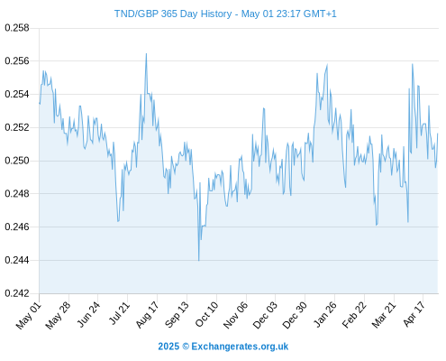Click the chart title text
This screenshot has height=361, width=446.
[x=225, y=14]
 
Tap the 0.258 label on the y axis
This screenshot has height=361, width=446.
[x=17, y=28]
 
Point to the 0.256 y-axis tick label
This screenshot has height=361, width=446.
[x=17, y=61]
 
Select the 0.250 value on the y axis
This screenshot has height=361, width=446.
[x=17, y=161]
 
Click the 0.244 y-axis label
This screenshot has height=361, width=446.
[x=17, y=260]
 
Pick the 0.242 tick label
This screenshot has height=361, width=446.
[x=17, y=293]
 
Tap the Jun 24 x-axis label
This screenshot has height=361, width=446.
[x=88, y=314]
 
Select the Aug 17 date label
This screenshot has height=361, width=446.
[x=147, y=314]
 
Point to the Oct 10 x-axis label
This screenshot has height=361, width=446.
[x=206, y=314]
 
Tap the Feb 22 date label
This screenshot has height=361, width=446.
[x=354, y=314]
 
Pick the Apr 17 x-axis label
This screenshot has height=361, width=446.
[x=414, y=314]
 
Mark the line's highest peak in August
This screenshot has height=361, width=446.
[x=146, y=53]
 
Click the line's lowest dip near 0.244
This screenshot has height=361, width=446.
[x=199, y=261]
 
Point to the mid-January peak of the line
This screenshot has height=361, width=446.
[x=327, y=64]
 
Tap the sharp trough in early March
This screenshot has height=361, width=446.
[x=377, y=225]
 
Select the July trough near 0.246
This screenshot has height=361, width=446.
[x=118, y=221]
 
